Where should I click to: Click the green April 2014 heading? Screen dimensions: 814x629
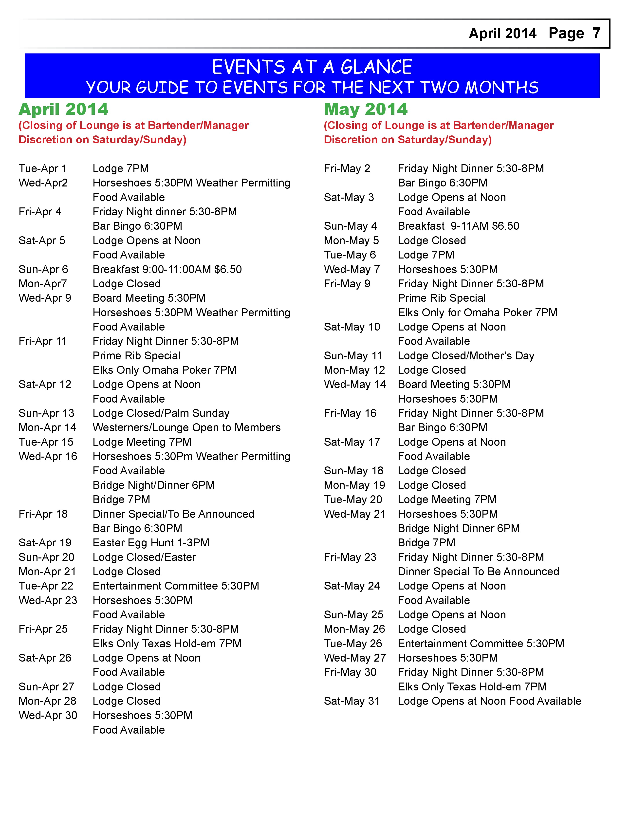[63, 109]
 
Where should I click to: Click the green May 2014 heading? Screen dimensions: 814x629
[366, 109]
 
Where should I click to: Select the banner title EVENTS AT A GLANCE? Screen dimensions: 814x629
[312, 67]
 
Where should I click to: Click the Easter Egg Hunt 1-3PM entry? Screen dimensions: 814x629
[151, 543]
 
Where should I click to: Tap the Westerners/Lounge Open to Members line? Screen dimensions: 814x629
[186, 427]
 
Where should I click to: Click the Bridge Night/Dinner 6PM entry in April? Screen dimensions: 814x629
[153, 485]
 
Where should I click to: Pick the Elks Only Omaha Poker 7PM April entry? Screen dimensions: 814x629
[164, 370]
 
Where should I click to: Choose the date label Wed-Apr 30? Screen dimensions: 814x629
[48, 715]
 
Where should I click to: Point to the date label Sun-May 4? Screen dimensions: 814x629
[350, 226]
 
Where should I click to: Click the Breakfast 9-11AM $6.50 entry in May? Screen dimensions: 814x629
[458, 226]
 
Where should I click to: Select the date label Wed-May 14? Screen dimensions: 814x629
[355, 384]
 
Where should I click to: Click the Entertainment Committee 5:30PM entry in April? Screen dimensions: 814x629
[176, 586]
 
